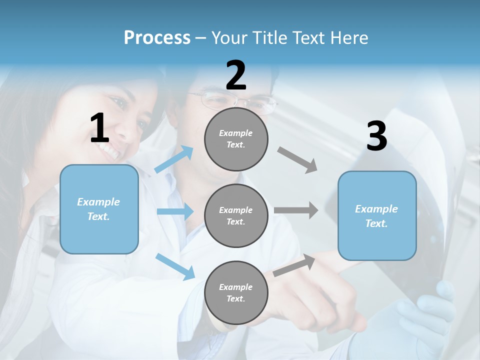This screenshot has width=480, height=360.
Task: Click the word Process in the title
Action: tap(157, 38)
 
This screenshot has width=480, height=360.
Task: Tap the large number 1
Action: tap(99, 128)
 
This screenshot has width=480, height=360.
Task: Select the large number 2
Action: tap(236, 75)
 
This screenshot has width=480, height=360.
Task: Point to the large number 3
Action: tap(376, 136)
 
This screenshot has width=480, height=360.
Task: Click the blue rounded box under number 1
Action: tap(99, 209)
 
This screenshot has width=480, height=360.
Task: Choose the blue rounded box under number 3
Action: tap(377, 215)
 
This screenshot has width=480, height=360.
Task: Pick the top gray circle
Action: tap(236, 138)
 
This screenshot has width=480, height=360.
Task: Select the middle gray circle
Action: tap(236, 215)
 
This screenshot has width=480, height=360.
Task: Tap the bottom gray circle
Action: tap(236, 292)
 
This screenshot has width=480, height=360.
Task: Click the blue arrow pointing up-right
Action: tap(174, 159)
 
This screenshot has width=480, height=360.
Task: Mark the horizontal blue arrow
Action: tap(175, 211)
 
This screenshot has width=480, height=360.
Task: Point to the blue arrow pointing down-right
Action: tap(175, 266)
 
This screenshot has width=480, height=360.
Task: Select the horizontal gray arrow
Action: tap(296, 210)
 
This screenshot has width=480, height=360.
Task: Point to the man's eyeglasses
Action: tap(235, 101)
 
